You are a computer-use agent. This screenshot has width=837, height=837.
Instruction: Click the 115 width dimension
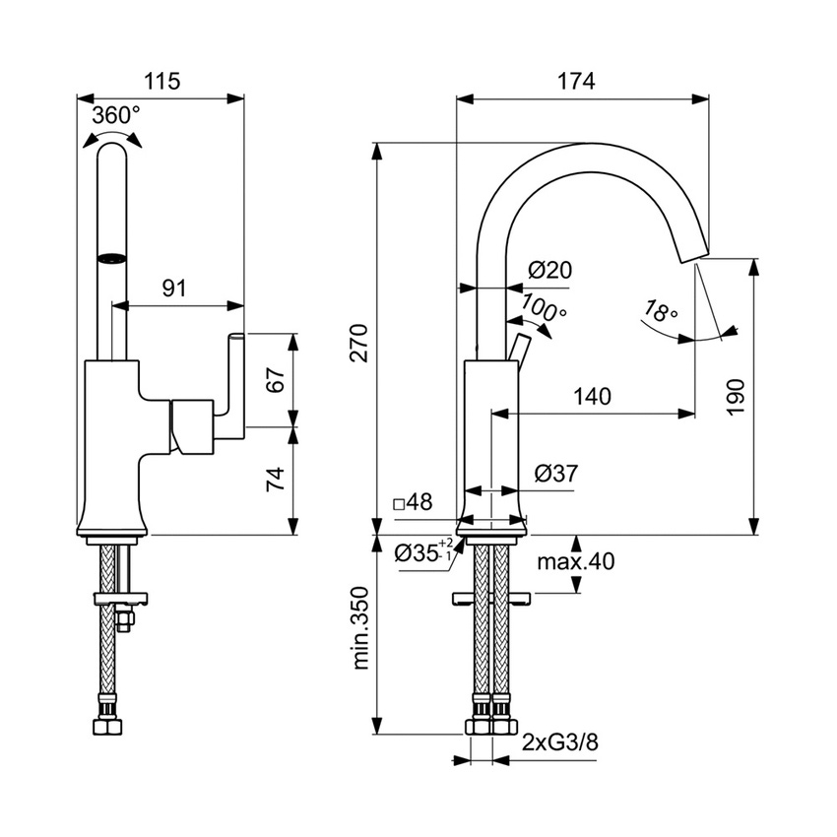click(x=162, y=83)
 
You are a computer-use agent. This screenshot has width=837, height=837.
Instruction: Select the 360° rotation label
click(x=115, y=115)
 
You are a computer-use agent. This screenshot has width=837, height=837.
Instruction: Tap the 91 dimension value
click(x=173, y=288)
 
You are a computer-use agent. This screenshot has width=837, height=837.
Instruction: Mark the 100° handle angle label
click(x=544, y=308)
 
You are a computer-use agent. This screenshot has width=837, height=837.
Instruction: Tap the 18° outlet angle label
click(x=659, y=313)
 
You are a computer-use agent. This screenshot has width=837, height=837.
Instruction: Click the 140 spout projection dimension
click(x=592, y=397)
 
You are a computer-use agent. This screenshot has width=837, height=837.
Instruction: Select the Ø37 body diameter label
click(x=556, y=474)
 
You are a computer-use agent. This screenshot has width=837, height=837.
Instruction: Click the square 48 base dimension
click(x=413, y=503)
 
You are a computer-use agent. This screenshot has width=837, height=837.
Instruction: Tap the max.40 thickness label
click(x=576, y=562)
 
